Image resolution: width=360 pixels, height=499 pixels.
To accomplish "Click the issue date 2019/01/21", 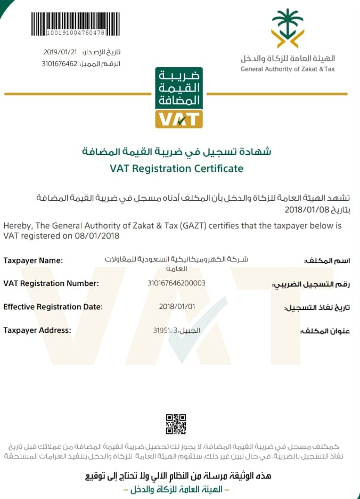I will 60,52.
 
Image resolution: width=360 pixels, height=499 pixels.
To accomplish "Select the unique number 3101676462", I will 60,64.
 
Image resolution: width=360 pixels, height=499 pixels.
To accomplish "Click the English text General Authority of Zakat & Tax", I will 288,69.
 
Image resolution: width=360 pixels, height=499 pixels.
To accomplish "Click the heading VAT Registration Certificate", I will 176,169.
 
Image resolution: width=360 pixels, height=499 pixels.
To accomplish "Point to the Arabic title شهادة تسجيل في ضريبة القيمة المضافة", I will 176,152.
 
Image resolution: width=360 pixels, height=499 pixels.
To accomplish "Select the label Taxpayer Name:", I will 33,260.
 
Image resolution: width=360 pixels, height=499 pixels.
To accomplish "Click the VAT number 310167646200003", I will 176,283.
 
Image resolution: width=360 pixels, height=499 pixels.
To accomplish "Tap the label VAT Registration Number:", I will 51,283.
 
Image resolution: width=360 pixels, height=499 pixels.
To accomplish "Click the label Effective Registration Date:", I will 53,307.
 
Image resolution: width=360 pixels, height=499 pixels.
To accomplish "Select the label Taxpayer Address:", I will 37,330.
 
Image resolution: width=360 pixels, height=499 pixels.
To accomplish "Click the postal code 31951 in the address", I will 161,331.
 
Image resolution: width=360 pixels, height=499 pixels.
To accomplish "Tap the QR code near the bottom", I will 176,423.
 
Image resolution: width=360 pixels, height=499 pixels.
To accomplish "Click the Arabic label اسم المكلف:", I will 326,261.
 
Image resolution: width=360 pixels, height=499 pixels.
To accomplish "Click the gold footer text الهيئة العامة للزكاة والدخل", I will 176,488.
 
